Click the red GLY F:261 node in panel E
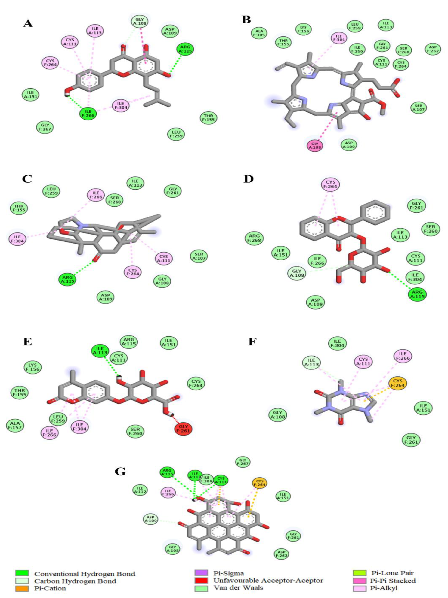pos(184,429)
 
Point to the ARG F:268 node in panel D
pos(254,238)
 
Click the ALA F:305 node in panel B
pos(259,33)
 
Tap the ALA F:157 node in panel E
pos(15,425)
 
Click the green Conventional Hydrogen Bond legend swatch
pos(22,573)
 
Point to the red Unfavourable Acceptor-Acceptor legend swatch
pos(201,580)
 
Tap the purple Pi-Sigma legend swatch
pos(201,573)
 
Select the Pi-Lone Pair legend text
pos(392,573)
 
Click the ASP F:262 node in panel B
pos(433,50)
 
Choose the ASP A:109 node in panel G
pos(150,519)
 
